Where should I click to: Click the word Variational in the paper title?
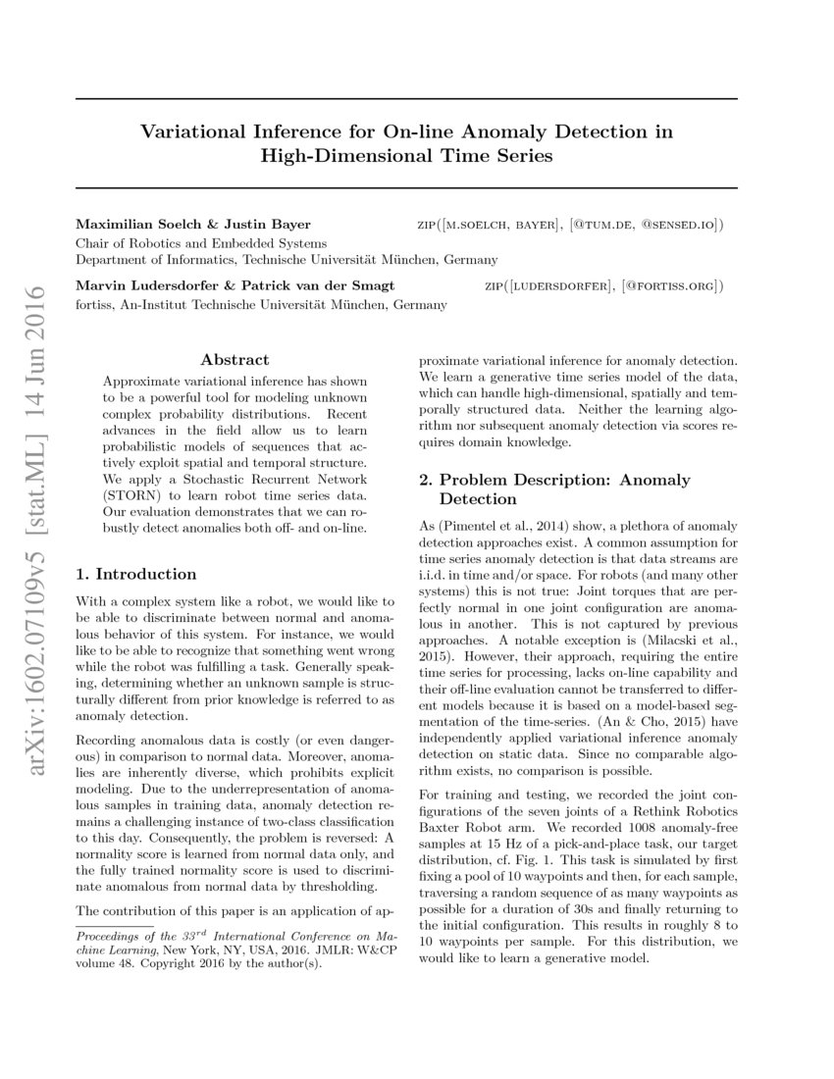[x=191, y=130]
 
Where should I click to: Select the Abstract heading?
[x=235, y=360]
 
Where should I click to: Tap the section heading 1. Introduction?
[x=136, y=574]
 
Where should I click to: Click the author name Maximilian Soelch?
[x=135, y=226]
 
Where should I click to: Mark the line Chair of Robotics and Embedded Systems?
[x=201, y=243]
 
